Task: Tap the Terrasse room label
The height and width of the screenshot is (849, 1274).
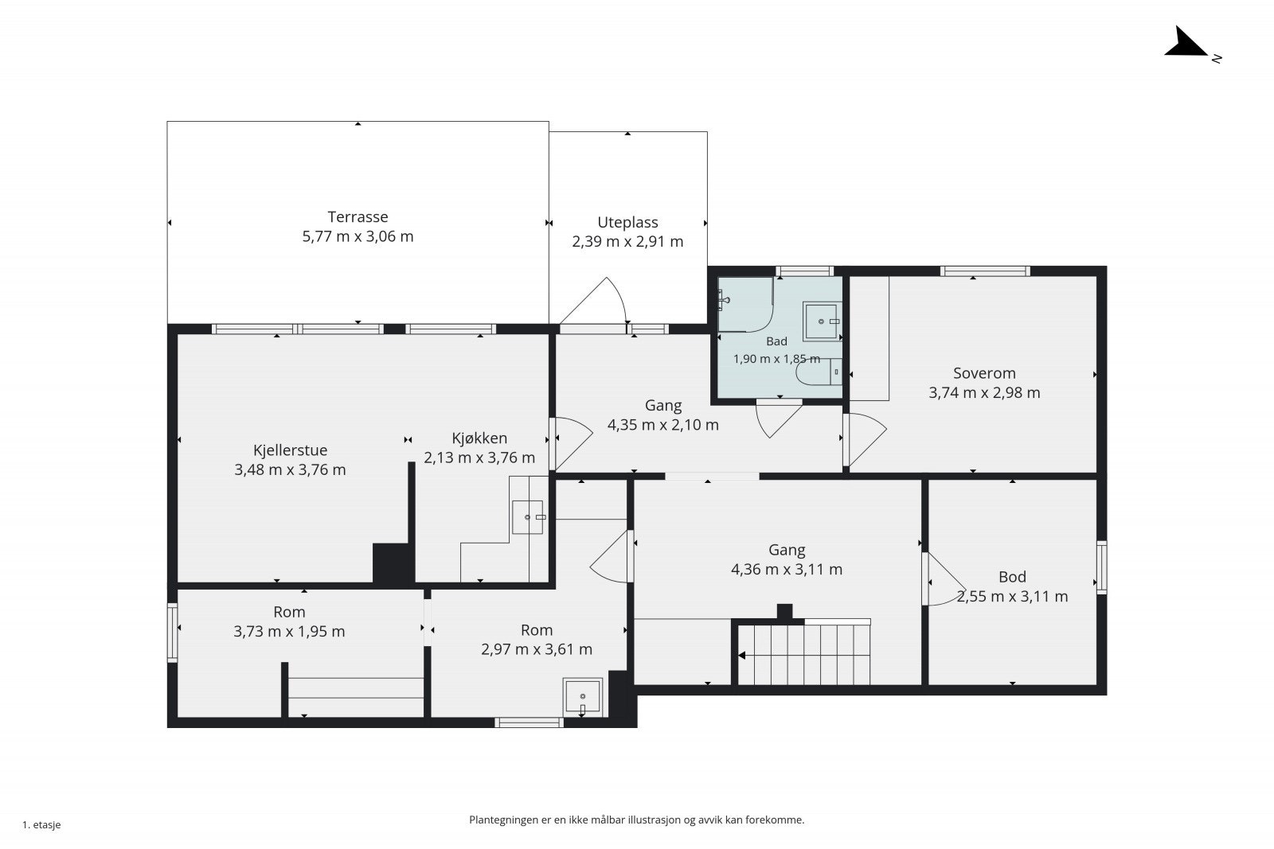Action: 358,216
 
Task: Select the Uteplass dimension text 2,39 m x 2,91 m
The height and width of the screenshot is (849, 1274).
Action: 627,242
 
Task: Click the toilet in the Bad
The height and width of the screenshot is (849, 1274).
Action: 819,372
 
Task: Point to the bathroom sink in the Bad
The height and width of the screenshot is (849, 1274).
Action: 822,321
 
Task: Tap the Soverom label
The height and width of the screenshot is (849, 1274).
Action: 984,373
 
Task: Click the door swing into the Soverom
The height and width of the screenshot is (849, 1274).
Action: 865,439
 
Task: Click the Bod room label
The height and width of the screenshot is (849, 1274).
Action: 1012,577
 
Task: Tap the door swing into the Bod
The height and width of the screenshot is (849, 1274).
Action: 944,579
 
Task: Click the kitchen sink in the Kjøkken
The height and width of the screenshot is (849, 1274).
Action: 527,517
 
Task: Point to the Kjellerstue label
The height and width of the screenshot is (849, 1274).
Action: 290,450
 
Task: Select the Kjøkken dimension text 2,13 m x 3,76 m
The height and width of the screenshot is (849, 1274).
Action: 479,458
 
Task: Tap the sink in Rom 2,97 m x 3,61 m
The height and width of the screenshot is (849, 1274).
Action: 583,697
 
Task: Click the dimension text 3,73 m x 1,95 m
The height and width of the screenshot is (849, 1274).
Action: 289,631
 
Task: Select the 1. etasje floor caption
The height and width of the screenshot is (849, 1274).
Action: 41,824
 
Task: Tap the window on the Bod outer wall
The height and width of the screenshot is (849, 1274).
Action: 1102,567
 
